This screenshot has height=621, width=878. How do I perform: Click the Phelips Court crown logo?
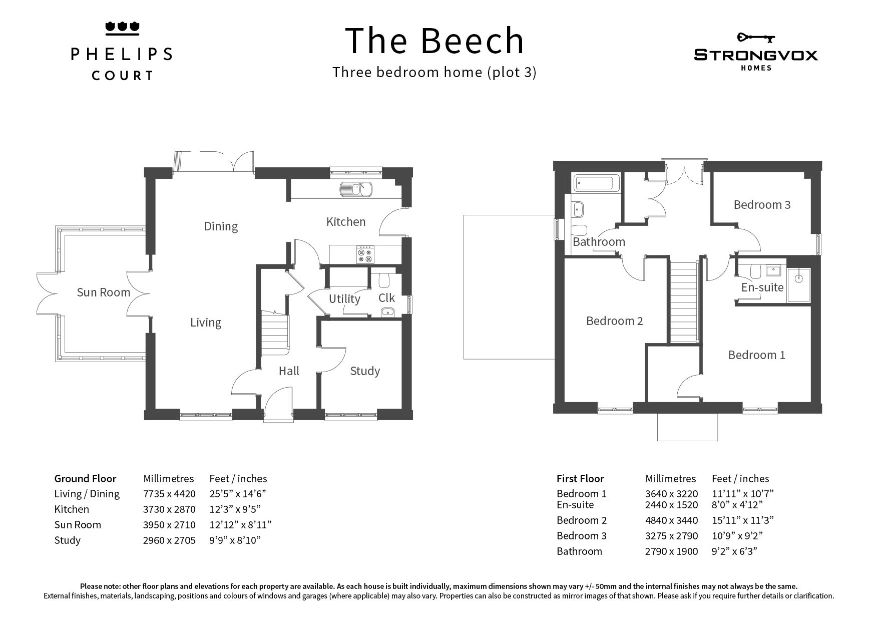click(x=122, y=29)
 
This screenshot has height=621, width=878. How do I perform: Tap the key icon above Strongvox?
click(x=756, y=38)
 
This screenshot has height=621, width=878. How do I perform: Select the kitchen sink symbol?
click(x=355, y=189)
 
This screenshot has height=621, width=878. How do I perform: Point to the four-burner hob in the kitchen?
click(x=365, y=254)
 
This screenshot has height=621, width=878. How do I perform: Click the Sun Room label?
click(x=103, y=292)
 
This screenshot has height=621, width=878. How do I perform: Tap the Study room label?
click(x=365, y=371)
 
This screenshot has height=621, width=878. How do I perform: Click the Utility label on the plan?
click(x=344, y=299)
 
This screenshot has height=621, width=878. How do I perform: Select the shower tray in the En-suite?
click(x=798, y=285)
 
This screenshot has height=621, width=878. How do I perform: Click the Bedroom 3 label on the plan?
click(x=762, y=204)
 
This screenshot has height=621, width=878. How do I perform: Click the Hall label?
click(x=289, y=371)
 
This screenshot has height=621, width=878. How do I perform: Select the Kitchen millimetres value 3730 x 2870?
click(x=169, y=509)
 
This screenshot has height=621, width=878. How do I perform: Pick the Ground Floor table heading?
click(x=85, y=479)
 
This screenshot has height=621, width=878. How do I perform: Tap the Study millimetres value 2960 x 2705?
click(x=169, y=540)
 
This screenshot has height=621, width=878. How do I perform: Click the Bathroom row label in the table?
click(x=579, y=551)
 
